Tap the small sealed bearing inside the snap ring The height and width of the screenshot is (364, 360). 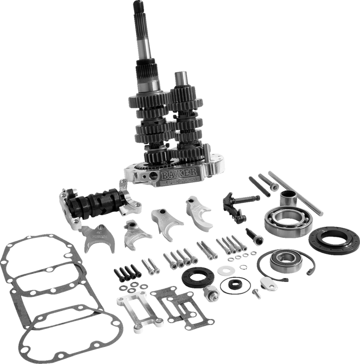[283, 260]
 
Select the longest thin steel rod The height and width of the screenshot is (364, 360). [295, 192]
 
